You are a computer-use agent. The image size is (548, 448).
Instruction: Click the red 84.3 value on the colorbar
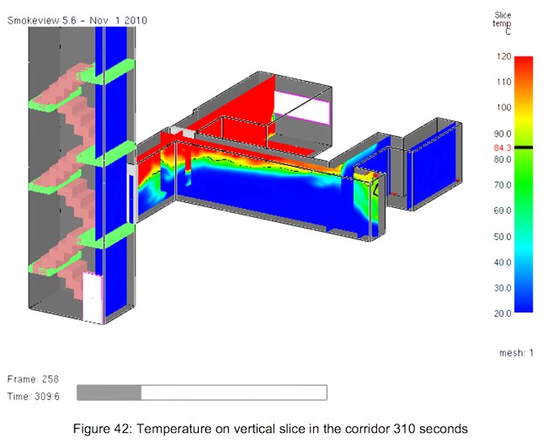[503, 148]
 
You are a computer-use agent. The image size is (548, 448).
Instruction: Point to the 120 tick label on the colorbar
[503, 56]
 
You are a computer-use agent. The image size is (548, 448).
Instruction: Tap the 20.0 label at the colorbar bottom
[503, 313]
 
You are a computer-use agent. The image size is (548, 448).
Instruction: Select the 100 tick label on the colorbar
[503, 107]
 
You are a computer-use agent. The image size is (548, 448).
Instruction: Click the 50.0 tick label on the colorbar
[503, 237]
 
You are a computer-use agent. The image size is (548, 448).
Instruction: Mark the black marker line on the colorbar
[524, 147]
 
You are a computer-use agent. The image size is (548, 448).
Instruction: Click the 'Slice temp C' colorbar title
[503, 23]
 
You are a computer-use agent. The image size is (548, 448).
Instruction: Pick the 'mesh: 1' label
[516, 353]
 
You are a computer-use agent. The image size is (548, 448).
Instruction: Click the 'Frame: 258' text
[33, 380]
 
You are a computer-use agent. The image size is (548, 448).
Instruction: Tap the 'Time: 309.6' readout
[33, 397]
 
